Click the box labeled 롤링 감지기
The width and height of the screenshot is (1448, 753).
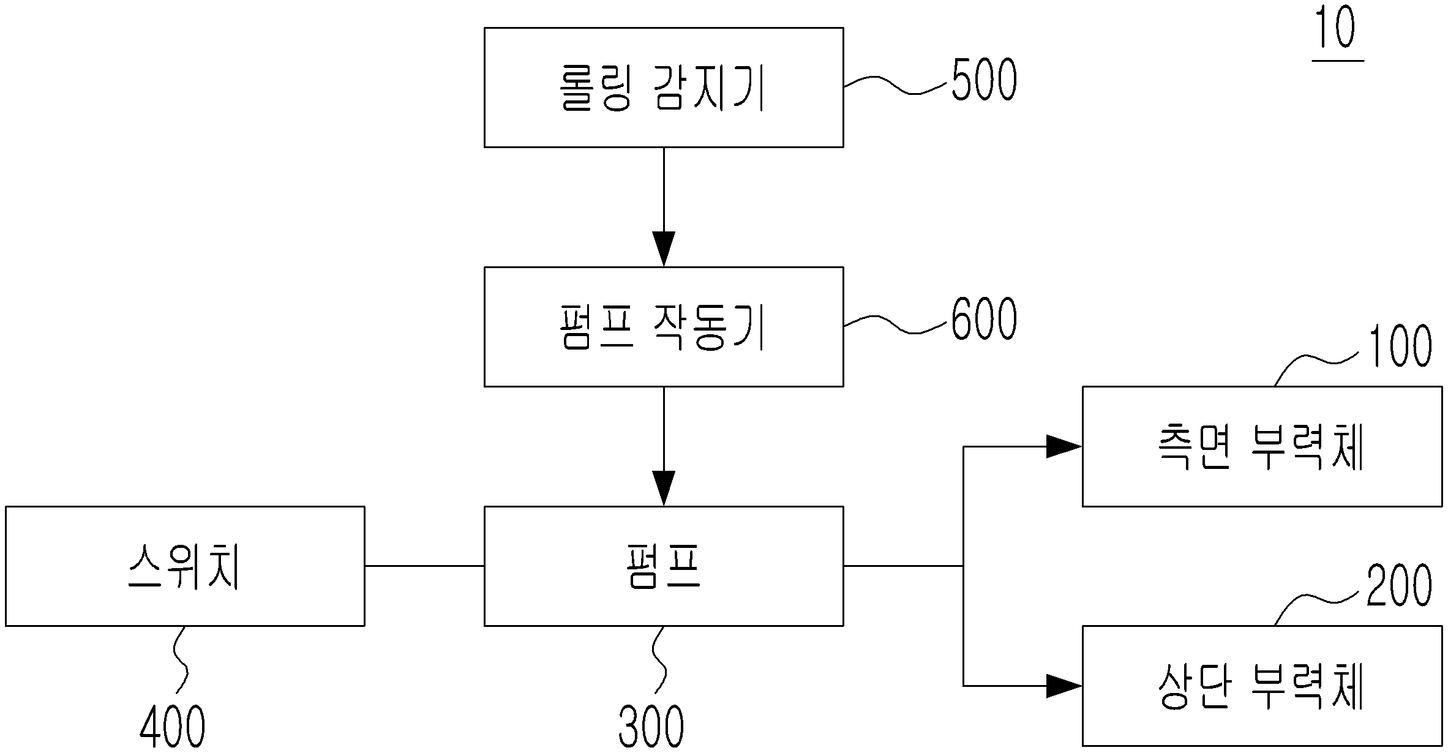click(x=664, y=88)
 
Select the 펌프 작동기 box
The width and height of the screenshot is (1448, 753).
click(x=664, y=327)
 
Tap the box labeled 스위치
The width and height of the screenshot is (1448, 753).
click(x=185, y=566)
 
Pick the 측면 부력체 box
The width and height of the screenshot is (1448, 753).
click(x=1262, y=446)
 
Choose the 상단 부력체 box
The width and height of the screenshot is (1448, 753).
click(x=1262, y=686)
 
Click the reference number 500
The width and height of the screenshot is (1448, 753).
click(x=984, y=80)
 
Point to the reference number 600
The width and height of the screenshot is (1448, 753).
click(x=984, y=319)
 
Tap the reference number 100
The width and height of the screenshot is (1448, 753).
click(x=1400, y=347)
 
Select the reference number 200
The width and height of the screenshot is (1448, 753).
click(x=1399, y=586)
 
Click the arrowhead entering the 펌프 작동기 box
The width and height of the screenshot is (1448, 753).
click(x=664, y=249)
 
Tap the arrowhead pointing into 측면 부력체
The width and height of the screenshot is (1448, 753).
click(x=1064, y=446)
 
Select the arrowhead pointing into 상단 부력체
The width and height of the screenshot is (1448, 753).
click(x=1064, y=686)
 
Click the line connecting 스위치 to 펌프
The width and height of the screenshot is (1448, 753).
click(x=425, y=566)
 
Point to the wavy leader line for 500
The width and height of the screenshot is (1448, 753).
click(x=898, y=85)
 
